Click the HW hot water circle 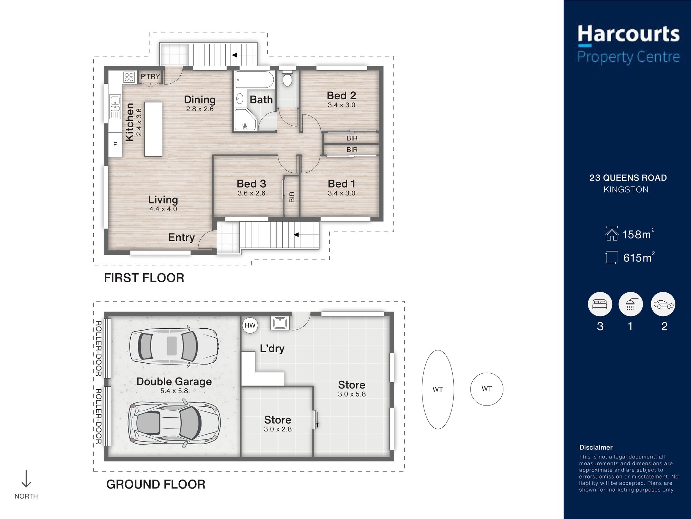pyautogui.click(x=250, y=325)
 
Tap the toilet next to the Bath pyautogui.click(x=287, y=78)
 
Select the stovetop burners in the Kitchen pyautogui.click(x=129, y=77)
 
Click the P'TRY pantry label pyautogui.click(x=150, y=76)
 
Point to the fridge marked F pyautogui.click(x=115, y=145)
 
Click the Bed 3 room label pyautogui.click(x=252, y=184)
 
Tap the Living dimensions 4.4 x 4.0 pyautogui.click(x=163, y=209)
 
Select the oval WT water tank pyautogui.click(x=438, y=389)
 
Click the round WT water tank pyautogui.click(x=486, y=389)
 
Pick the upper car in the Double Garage pyautogui.click(x=174, y=346)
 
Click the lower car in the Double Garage pyautogui.click(x=174, y=423)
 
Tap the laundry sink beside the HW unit pyautogui.click(x=280, y=323)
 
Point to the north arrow pyautogui.click(x=26, y=479)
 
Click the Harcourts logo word pyautogui.click(x=628, y=34)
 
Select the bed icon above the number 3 pyautogui.click(x=600, y=304)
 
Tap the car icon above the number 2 pyautogui.click(x=663, y=304)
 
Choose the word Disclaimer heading pyautogui.click(x=596, y=447)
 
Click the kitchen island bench pyautogui.click(x=153, y=129)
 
